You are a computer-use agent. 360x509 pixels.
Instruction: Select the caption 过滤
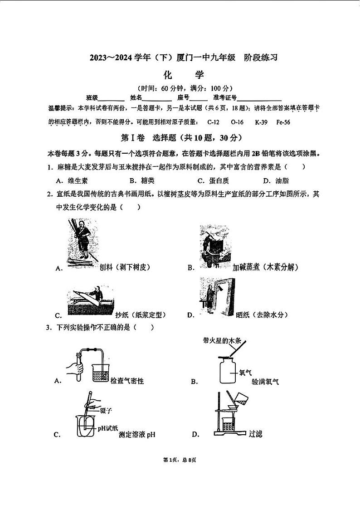255,434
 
